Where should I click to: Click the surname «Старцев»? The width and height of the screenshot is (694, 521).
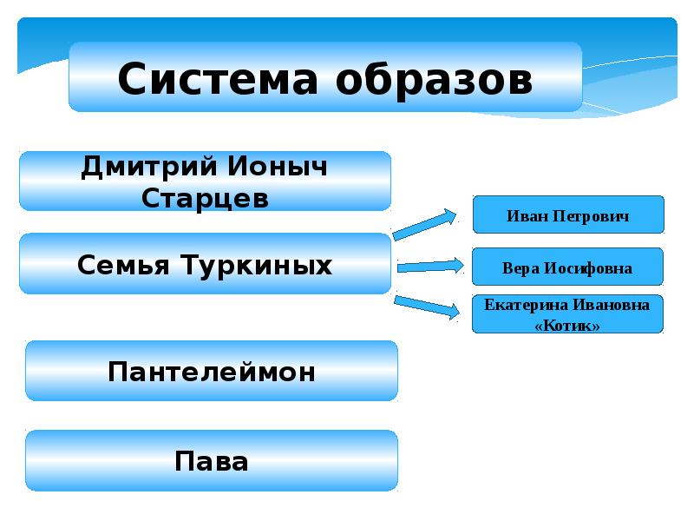pos(205,197)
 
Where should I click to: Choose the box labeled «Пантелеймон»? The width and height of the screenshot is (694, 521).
pos(212,372)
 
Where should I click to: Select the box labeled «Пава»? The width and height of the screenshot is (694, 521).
pos(212,460)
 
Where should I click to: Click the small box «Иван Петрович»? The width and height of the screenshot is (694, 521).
pos(567,215)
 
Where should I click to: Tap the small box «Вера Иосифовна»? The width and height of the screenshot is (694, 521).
pos(567,268)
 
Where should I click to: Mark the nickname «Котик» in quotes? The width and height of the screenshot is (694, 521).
pos(567,325)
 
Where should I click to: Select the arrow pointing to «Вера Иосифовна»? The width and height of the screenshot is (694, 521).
pos(430,266)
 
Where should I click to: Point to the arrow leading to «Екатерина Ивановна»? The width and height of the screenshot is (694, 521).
pos(429,305)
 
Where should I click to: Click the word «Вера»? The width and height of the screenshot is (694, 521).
pos(518,268)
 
